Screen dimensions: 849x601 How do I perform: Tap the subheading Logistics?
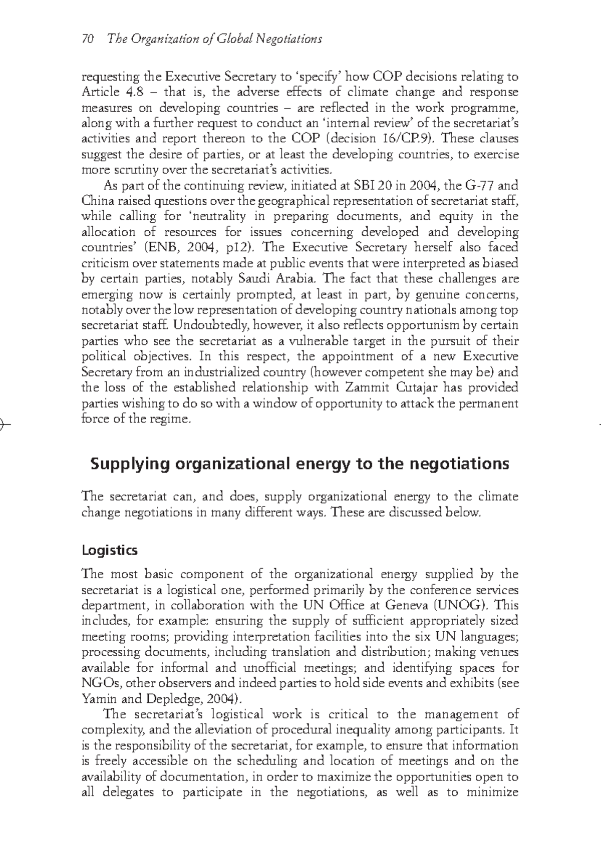tap(109, 550)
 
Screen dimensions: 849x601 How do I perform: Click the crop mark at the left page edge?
tap(4, 423)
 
